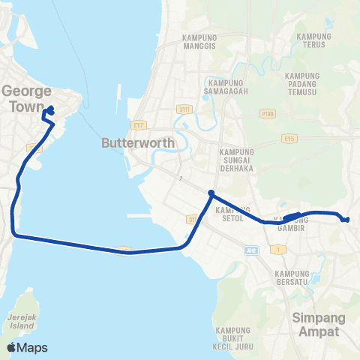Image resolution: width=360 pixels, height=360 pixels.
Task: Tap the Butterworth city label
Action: [x=137, y=142]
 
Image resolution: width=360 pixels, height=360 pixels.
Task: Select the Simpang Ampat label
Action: [x=314, y=324]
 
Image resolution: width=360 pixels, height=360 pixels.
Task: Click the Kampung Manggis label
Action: [x=199, y=41]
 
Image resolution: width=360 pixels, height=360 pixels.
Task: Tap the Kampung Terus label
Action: [x=314, y=40]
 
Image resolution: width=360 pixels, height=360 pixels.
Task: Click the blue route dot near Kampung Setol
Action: [x=211, y=193]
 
